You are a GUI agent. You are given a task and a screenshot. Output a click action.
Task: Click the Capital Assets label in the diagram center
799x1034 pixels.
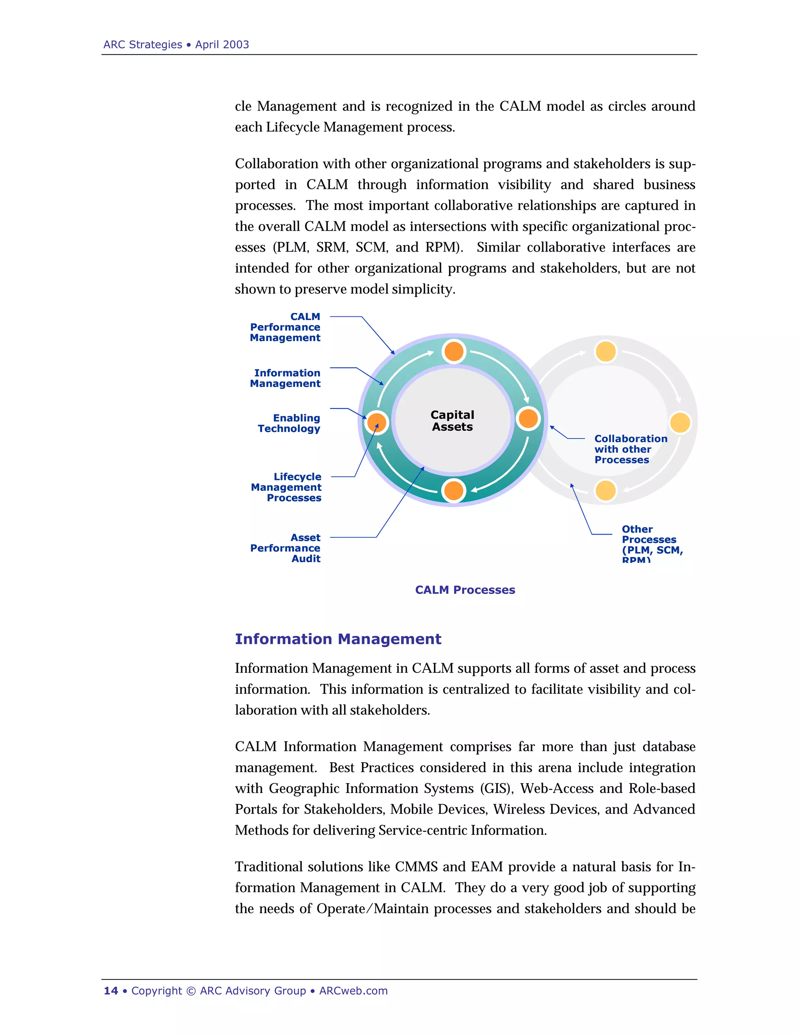click(452, 420)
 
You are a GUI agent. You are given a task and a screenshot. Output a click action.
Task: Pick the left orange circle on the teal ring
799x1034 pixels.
click(377, 422)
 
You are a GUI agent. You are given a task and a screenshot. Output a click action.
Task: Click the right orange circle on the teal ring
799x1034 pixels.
click(528, 419)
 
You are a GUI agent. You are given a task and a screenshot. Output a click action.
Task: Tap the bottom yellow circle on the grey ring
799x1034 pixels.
click(605, 490)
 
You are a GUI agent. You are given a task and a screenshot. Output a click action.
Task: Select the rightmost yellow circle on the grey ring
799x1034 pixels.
click(680, 422)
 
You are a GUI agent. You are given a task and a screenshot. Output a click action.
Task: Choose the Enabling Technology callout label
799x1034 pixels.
click(289, 423)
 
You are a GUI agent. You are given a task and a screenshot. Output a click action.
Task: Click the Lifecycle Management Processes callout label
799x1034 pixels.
click(286, 487)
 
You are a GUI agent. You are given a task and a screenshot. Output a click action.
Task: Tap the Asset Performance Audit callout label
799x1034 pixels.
click(286, 548)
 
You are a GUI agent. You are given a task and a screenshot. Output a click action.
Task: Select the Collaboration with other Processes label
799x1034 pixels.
click(630, 449)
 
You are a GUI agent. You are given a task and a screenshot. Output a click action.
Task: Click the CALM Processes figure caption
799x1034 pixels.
click(465, 590)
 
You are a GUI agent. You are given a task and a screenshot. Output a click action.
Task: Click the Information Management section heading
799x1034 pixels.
click(338, 639)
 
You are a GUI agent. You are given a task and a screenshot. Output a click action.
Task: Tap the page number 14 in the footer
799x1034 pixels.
click(111, 991)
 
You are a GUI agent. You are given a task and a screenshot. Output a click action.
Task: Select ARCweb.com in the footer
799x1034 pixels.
click(353, 991)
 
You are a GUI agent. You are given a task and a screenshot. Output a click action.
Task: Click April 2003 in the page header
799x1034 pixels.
click(222, 44)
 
